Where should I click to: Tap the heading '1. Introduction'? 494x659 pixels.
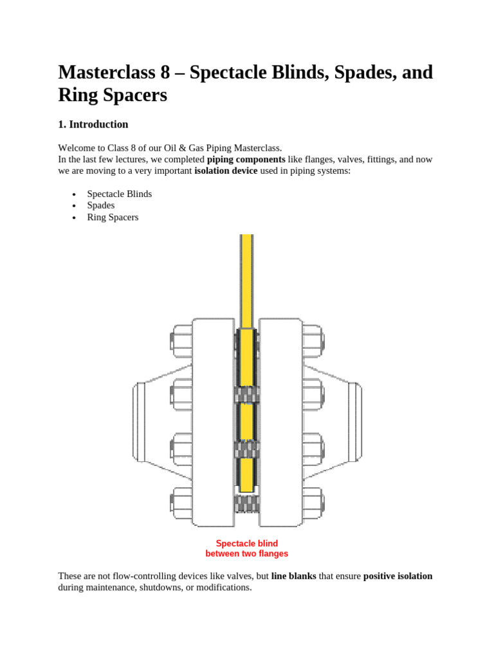(x=93, y=124)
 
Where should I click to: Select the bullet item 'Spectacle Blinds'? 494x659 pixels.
(x=119, y=194)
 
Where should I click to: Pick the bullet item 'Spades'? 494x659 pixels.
(x=101, y=205)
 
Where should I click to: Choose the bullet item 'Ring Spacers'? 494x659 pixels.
(x=113, y=217)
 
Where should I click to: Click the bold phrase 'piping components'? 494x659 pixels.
(x=246, y=159)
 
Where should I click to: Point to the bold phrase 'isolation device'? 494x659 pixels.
(x=226, y=171)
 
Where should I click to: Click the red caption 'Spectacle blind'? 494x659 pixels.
(x=247, y=543)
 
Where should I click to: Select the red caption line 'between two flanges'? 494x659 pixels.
(x=247, y=553)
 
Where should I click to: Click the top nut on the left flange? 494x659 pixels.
(x=181, y=341)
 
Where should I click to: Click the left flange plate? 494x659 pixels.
(x=213, y=422)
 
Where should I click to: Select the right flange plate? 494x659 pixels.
(x=280, y=422)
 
